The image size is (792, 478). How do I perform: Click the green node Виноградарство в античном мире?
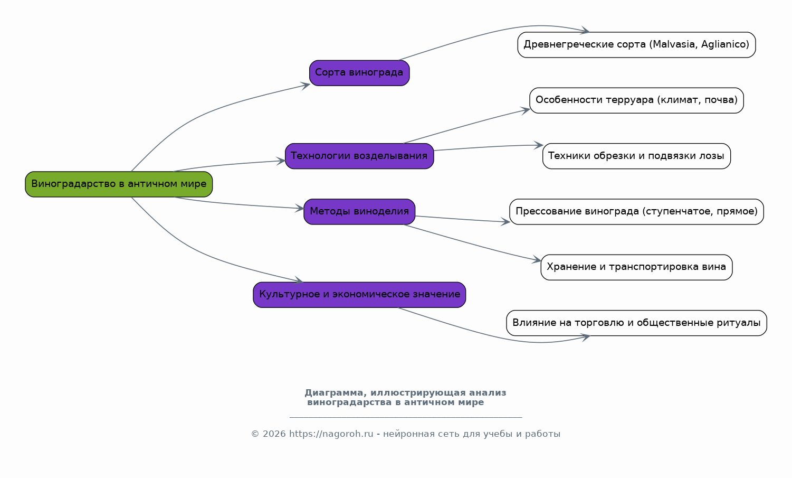(x=119, y=184)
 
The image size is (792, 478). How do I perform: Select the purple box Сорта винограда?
(x=359, y=73)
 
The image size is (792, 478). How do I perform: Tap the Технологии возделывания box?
(x=359, y=156)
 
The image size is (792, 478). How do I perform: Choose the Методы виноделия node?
(x=359, y=212)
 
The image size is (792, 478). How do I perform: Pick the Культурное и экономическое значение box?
(x=359, y=295)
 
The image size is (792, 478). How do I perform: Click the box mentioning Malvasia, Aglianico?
(x=636, y=45)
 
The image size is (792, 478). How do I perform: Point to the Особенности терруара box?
(x=636, y=100)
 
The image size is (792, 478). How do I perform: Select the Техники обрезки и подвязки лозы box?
(x=636, y=156)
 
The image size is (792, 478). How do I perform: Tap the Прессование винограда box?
(x=636, y=212)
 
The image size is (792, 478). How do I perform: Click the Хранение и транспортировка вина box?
(x=636, y=267)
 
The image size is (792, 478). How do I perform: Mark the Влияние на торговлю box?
(x=636, y=323)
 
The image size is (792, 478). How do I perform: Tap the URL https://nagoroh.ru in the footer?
(x=331, y=434)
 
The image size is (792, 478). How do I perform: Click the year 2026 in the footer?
(x=274, y=434)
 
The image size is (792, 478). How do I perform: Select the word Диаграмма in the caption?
(x=334, y=393)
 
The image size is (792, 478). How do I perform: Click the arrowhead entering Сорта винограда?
(x=306, y=86)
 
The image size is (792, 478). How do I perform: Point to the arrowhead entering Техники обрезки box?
(x=539, y=145)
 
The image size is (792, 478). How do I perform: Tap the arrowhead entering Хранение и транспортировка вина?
(x=537, y=260)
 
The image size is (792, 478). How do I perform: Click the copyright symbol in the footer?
(x=255, y=434)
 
